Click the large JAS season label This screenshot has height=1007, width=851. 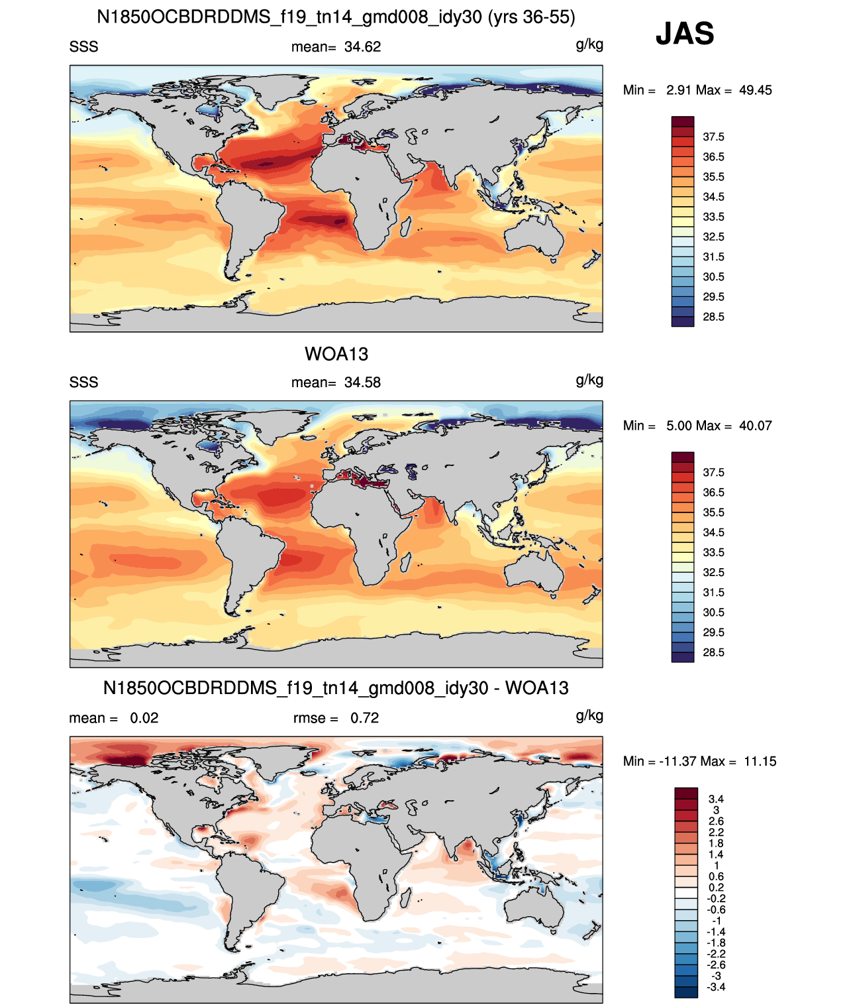click(685, 33)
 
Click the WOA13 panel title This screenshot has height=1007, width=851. click(336, 354)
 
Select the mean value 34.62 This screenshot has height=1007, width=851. click(362, 47)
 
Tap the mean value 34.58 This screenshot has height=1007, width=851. click(362, 383)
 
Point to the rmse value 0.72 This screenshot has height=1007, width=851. click(364, 718)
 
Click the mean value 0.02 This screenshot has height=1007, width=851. click(144, 718)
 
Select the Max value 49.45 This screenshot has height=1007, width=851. click(755, 90)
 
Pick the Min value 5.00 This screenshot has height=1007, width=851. click(679, 426)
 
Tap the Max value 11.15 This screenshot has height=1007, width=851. click(760, 762)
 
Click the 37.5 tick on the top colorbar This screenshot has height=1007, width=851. click(713, 137)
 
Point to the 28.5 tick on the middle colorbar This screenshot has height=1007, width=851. click(713, 652)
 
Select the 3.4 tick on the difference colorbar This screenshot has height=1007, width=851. click(716, 799)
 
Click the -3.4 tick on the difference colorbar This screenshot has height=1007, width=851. click(716, 987)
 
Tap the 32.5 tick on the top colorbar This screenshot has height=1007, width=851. click(713, 237)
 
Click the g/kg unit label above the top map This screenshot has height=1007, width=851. click(589, 45)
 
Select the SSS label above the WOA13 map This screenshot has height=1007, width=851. click(83, 383)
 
